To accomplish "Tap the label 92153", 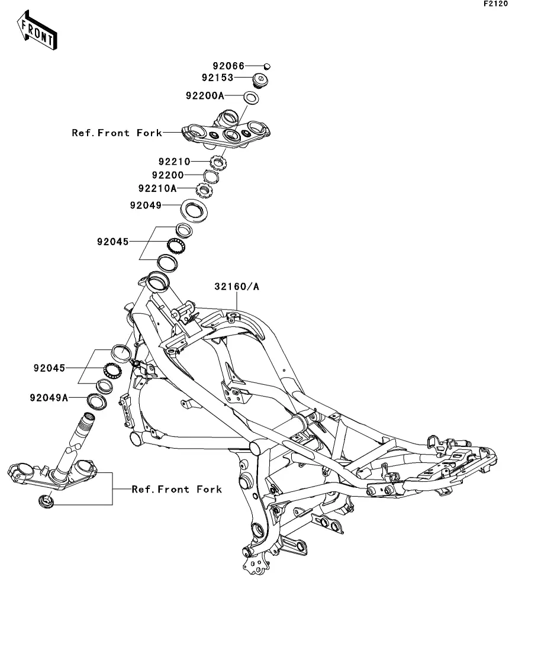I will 217,78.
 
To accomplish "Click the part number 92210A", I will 157,189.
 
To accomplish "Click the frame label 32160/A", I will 237,287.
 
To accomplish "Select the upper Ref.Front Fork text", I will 117,133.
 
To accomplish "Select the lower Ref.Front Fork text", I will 177,489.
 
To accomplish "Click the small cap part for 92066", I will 266,66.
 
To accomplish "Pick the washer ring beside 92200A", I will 251,98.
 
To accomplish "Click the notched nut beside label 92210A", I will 204,191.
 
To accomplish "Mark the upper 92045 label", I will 113,242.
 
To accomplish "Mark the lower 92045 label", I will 49,368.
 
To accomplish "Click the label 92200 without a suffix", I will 168,175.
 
